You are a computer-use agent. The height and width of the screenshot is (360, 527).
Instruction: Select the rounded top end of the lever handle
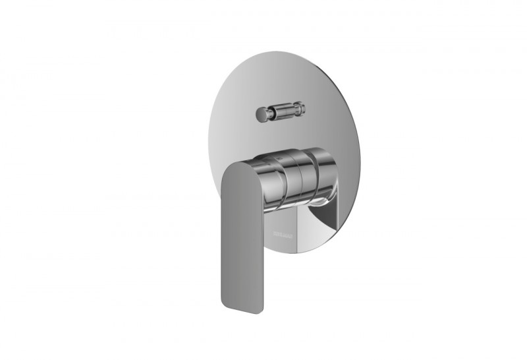[237, 169]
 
